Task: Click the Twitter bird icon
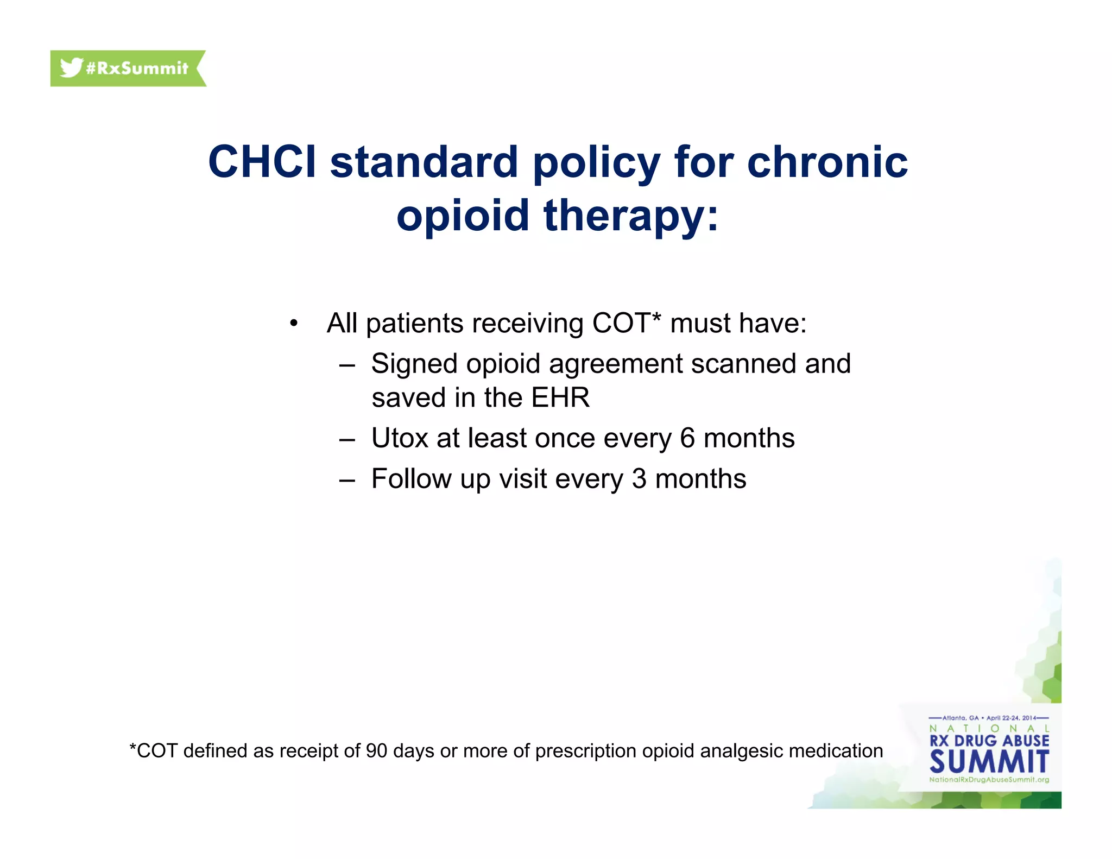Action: [71, 68]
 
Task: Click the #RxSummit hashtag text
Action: [137, 68]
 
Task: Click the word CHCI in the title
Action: [262, 162]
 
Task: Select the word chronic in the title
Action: [827, 162]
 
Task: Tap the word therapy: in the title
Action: [631, 215]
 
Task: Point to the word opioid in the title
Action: [463, 215]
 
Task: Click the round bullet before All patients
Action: [294, 324]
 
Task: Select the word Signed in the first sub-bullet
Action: [414, 364]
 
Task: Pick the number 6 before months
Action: [687, 438]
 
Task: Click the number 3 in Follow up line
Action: [639, 479]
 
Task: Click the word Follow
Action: [411, 479]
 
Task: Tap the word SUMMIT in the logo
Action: [989, 762]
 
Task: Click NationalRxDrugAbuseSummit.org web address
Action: [989, 780]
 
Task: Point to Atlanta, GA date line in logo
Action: [989, 718]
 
